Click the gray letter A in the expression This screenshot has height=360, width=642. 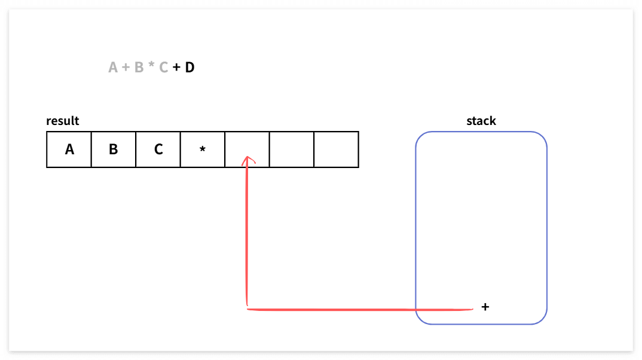point(114,68)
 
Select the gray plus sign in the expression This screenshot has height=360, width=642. point(126,68)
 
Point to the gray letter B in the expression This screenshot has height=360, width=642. point(139,68)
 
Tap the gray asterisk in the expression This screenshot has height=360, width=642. point(151,66)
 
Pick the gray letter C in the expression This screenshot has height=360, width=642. point(163,68)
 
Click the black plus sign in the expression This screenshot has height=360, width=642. point(176,68)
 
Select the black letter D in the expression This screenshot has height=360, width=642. point(189,68)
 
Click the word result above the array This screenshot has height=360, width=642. point(63,121)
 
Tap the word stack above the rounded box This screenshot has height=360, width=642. point(481,121)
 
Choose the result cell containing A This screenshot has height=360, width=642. point(69,150)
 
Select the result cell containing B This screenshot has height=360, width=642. point(114,150)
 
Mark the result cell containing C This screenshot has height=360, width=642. point(158,150)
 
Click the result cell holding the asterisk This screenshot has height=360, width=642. point(203,150)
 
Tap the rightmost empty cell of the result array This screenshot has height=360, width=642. point(336,150)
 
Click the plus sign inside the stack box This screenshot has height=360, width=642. point(485,307)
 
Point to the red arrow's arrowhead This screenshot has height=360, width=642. point(247,160)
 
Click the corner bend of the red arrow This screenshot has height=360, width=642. point(247,309)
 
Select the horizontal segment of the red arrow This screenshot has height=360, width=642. point(359,309)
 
